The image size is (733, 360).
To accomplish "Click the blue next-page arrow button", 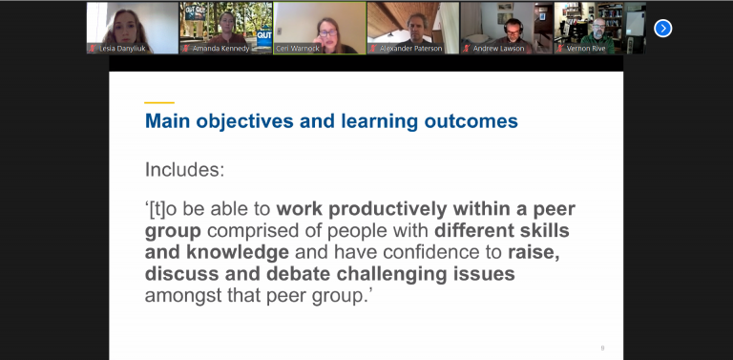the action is (663, 29).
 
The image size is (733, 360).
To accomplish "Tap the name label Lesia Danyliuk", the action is (122, 49).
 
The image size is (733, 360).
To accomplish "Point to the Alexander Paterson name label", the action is (410, 49).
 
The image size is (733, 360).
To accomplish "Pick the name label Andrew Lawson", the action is (498, 49).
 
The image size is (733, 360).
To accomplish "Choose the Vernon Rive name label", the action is (586, 49).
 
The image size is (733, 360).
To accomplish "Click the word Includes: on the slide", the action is (184, 170).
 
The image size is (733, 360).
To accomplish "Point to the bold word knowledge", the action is (238, 252).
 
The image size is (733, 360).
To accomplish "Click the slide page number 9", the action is (602, 348).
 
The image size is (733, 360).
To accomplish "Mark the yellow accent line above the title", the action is (159, 102).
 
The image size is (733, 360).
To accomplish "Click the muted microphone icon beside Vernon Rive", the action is (560, 49).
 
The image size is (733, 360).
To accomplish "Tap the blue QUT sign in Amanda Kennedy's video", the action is (263, 35).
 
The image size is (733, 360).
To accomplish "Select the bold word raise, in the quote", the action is (534, 252).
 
